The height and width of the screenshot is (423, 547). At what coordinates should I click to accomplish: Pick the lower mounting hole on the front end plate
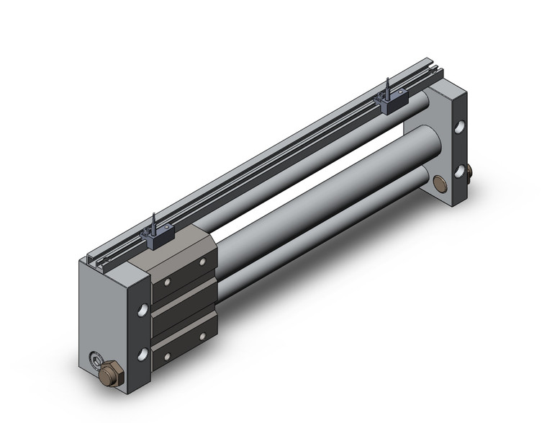tap(145, 353)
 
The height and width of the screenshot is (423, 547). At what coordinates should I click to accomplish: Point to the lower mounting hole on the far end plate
tap(459, 172)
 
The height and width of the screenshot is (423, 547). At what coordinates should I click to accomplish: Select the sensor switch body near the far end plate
tap(393, 103)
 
